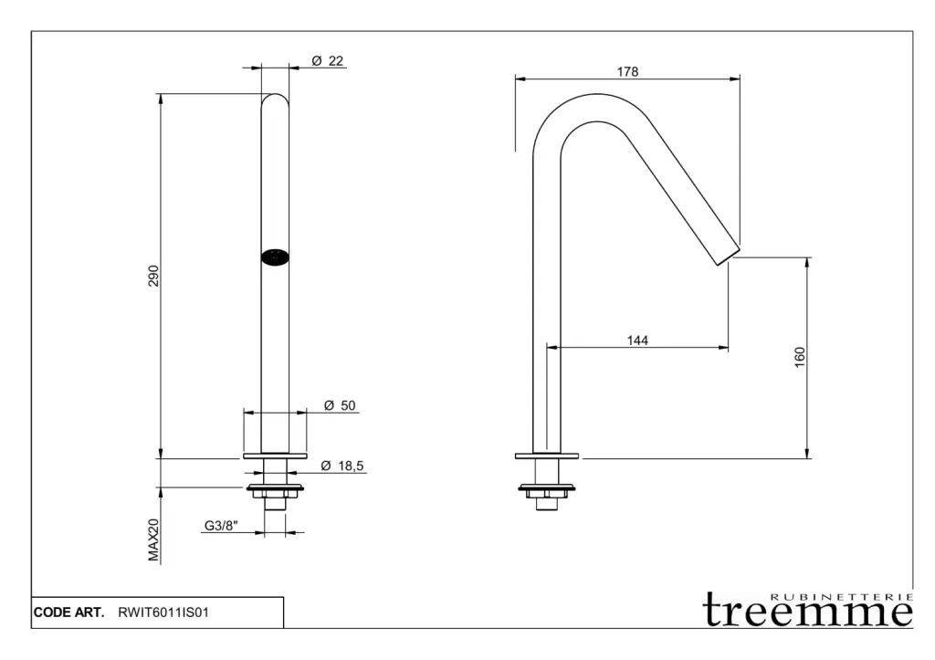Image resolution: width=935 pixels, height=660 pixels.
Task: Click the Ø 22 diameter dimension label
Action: pyautogui.click(x=327, y=60)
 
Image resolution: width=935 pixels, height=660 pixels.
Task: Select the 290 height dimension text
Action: pyautogui.click(x=153, y=276)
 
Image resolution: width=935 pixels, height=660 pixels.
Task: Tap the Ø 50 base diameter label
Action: pyautogui.click(x=340, y=406)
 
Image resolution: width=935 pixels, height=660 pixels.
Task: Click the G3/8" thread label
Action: pyautogui.click(x=220, y=526)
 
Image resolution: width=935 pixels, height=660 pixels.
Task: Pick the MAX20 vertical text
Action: pyautogui.click(x=153, y=540)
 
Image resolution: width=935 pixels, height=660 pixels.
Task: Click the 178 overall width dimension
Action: pyautogui.click(x=626, y=72)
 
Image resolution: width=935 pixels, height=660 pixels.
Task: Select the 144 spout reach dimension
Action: pyautogui.click(x=637, y=340)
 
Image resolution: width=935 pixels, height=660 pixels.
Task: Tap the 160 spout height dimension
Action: pyautogui.click(x=801, y=358)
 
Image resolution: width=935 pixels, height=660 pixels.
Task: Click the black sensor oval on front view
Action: pyautogui.click(x=275, y=257)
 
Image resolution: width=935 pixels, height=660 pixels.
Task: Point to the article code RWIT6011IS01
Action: pyautogui.click(x=164, y=613)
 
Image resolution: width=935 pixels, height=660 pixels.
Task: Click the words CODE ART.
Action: pyautogui.click(x=69, y=613)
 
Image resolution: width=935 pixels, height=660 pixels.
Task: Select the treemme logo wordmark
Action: pyautogui.click(x=807, y=612)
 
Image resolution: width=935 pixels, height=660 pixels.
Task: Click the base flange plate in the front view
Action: pyautogui.click(x=275, y=456)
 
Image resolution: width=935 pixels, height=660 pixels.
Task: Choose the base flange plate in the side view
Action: pyautogui.click(x=547, y=456)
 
